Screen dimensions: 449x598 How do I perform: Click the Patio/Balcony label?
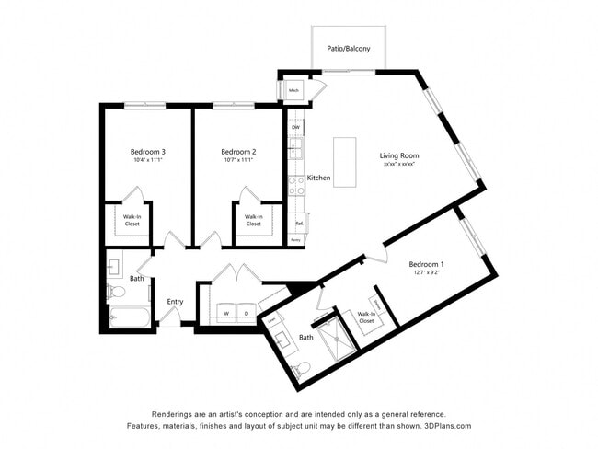[349, 48]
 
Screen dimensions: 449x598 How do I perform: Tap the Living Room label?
[399, 155]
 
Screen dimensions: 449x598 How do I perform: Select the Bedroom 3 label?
[146, 151]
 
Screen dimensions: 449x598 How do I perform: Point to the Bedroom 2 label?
[238, 151]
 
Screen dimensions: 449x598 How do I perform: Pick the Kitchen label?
[318, 178]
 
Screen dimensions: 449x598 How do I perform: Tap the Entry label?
[175, 302]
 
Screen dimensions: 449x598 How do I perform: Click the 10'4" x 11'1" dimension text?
[146, 160]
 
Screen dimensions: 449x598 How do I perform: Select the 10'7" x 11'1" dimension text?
[238, 160]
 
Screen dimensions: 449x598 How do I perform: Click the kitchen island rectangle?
[344, 163]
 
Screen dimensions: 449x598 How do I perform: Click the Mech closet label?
[294, 90]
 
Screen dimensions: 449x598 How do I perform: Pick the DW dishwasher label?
[295, 126]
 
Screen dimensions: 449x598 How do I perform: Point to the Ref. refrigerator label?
[299, 223]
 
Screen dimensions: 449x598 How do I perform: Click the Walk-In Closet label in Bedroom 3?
[132, 220]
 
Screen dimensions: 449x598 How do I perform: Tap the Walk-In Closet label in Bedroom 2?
[253, 220]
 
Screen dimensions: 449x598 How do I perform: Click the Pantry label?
[295, 239]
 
